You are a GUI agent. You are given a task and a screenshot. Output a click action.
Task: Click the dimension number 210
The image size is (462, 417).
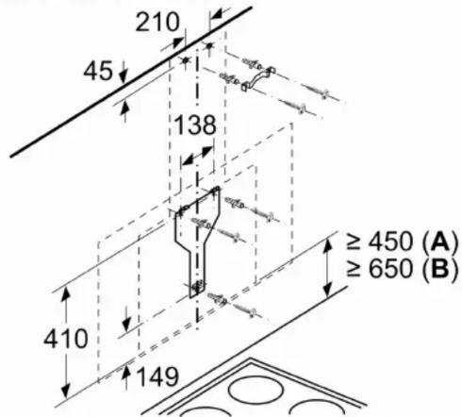(157, 22)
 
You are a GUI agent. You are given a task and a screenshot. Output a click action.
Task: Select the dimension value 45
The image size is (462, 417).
(98, 71)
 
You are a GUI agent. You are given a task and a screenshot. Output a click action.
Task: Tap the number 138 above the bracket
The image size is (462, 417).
(195, 125)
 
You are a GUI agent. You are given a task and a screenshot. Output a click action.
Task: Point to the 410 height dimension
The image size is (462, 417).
(66, 339)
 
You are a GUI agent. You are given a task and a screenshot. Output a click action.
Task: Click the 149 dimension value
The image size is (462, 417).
(158, 376)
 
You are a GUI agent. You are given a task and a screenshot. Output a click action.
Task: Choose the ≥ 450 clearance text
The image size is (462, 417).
(380, 242)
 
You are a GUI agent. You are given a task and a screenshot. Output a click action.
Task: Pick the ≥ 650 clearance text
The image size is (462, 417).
(380, 269)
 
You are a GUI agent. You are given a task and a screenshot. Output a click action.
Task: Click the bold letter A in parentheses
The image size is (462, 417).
(439, 242)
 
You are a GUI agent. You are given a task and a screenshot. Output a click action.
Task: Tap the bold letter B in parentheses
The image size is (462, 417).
(439, 269)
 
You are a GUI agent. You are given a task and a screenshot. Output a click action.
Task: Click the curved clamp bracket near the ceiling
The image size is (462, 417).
(257, 78)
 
